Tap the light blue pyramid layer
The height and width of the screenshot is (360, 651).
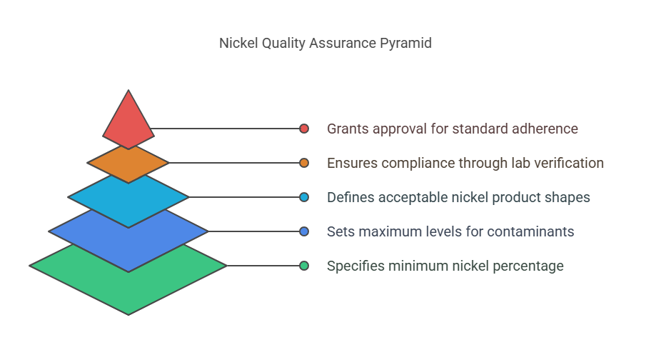point(128,199)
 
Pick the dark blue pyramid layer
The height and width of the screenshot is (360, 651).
point(128,236)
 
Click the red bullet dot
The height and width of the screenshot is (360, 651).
point(304,129)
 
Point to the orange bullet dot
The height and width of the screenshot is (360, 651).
point(304,163)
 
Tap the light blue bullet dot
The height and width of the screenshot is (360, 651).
point(304,197)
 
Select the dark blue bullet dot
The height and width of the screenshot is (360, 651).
point(304,231)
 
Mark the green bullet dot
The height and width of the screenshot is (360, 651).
point(304,266)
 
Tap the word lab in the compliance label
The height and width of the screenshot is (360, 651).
point(517,163)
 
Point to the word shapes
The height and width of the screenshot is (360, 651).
point(567,197)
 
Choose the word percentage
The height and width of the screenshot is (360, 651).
point(529,266)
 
